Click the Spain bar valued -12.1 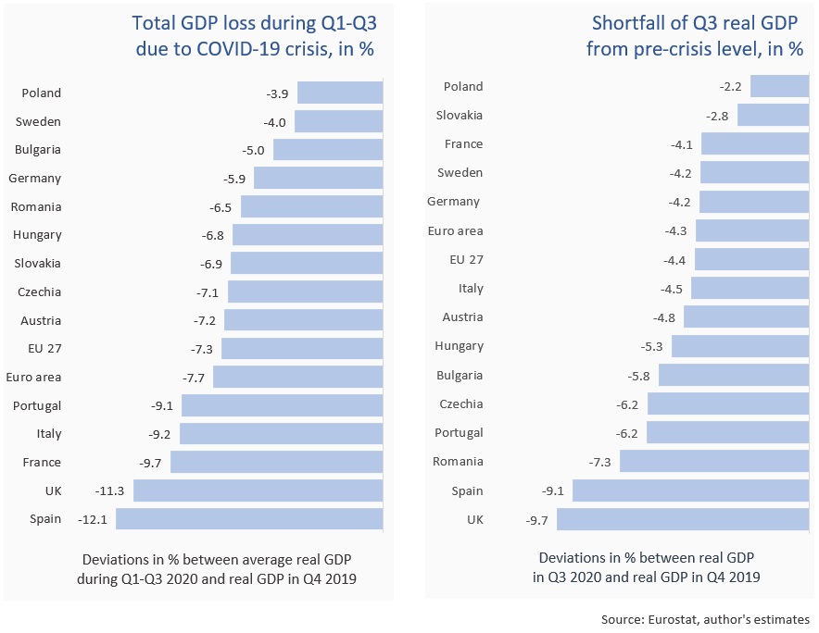click(x=248, y=519)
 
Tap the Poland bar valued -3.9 click(x=340, y=93)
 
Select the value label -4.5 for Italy click(x=672, y=289)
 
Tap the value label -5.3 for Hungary click(x=652, y=346)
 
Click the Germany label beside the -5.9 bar click(x=34, y=178)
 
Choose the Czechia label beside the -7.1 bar click(x=39, y=292)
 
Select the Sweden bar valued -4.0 click(x=339, y=121)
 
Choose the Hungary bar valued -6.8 click(x=308, y=235)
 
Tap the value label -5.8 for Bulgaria click(x=638, y=375)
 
